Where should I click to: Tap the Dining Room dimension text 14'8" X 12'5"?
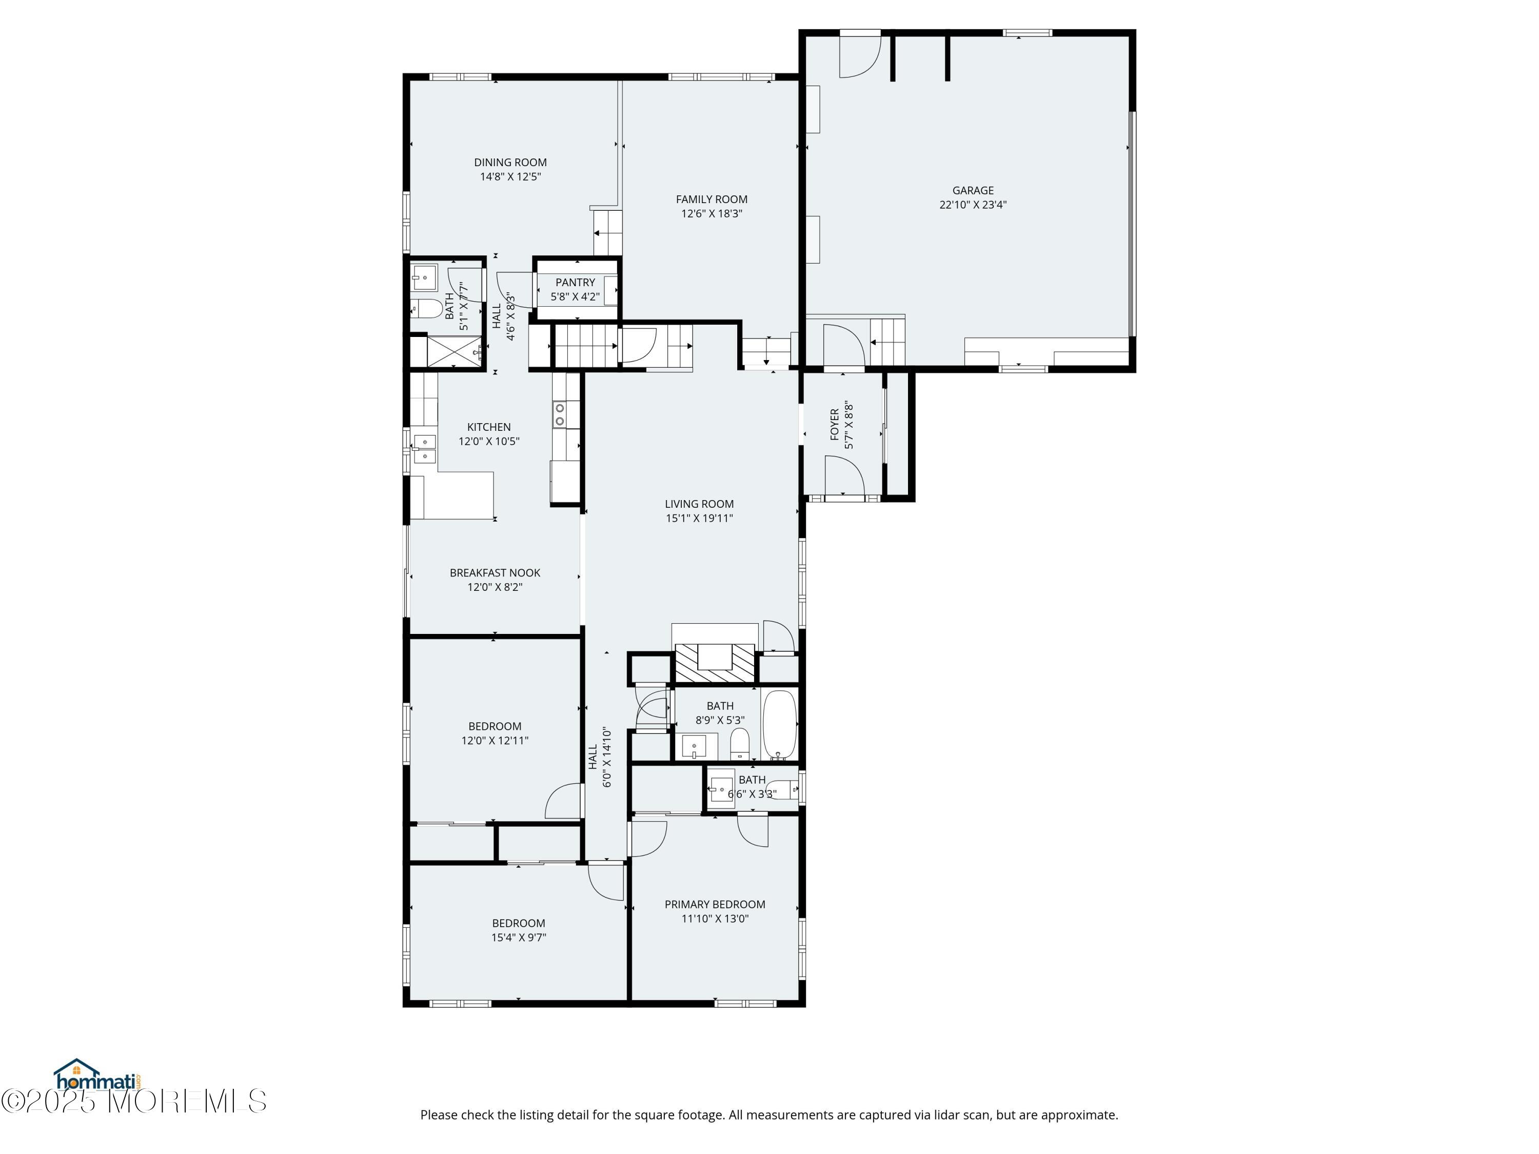tap(510, 176)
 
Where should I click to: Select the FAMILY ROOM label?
tap(712, 200)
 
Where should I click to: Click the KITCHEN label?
tap(488, 427)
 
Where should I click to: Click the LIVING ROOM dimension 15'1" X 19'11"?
tap(699, 518)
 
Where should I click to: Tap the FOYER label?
tap(835, 424)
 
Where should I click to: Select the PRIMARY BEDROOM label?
tap(715, 904)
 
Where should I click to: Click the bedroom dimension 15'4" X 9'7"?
tap(518, 938)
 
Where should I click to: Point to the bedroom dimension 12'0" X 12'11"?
tap(495, 741)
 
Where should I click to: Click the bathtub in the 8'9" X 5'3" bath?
tap(779, 725)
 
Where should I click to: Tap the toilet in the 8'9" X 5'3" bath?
tap(740, 744)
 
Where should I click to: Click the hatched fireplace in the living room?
tap(715, 663)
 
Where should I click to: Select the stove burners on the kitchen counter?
tap(559, 414)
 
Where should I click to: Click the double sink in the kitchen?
tap(424, 449)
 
